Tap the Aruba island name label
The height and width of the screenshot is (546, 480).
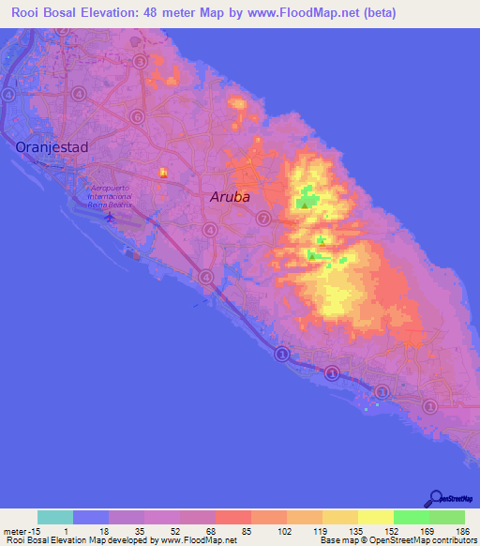pyautogui.click(x=230, y=197)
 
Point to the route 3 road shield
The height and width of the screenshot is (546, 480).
pyautogui.click(x=140, y=62)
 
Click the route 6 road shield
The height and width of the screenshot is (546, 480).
pyautogui.click(x=138, y=116)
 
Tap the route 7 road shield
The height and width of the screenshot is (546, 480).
pyautogui.click(x=262, y=219)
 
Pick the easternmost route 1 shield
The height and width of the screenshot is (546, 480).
pyautogui.click(x=429, y=406)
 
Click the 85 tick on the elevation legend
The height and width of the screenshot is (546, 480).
pyautogui.click(x=215, y=530)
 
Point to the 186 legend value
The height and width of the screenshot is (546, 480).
pyautogui.click(x=463, y=530)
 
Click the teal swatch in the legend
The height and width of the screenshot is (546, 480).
pyautogui.click(x=55, y=517)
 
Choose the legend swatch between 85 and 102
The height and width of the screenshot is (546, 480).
pyautogui.click(x=233, y=517)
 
